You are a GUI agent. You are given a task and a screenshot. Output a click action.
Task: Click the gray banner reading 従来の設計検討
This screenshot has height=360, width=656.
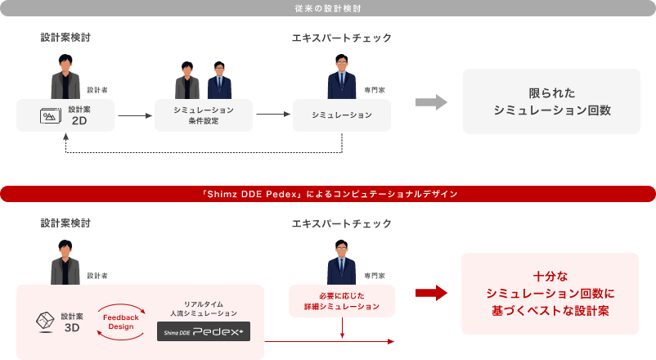tap(327, 8)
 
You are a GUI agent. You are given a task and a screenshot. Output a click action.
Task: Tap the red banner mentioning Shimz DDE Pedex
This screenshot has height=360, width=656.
tap(327, 194)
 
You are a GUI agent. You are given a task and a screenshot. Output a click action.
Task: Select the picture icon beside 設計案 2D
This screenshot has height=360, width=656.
tap(51, 116)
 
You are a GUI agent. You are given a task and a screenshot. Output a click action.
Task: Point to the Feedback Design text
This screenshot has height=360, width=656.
tap(121, 322)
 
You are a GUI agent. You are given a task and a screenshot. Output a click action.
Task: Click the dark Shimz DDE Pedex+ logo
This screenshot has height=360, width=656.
tap(204, 331)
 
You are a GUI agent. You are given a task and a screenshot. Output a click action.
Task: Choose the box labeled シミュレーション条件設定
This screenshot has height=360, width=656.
tap(204, 115)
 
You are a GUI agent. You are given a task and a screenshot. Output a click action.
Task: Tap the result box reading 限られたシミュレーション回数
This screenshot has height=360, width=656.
tap(551, 101)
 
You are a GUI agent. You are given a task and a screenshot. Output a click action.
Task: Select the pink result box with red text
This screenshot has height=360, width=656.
tap(550, 294)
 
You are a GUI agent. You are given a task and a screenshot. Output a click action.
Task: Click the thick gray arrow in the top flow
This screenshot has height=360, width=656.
tap(431, 101)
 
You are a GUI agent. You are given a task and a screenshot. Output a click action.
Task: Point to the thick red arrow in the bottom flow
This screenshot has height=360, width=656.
tap(431, 293)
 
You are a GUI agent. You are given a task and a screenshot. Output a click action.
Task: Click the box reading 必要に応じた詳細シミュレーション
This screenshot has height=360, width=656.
tap(342, 301)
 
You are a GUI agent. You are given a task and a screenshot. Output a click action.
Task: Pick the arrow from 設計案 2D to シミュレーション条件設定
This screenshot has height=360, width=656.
tap(135, 116)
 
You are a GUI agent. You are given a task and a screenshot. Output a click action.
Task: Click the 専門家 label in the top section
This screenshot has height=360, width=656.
tap(371, 90)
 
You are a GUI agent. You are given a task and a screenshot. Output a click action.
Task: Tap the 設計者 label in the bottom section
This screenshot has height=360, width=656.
tap(97, 275)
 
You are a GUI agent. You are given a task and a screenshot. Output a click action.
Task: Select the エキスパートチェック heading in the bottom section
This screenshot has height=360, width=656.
tap(341, 223)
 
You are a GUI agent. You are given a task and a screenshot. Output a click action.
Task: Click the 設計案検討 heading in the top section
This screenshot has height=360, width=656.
tap(65, 38)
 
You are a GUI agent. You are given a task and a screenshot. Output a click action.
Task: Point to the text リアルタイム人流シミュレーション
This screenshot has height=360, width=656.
tap(204, 308)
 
